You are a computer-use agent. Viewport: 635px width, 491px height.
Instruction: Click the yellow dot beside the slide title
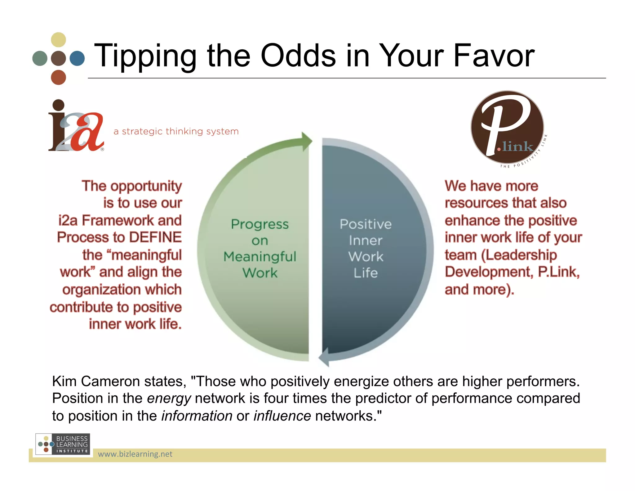click(58, 40)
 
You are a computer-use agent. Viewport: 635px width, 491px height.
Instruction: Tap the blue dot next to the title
click(77, 58)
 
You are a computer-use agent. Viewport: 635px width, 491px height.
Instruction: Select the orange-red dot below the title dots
click(58, 77)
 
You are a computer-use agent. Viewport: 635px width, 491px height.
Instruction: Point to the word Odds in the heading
click(298, 56)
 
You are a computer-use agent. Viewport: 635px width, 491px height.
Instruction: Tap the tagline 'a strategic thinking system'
click(176, 131)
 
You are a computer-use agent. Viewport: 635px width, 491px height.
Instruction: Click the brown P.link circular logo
click(507, 127)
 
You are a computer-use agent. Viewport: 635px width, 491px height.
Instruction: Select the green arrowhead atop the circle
click(306, 142)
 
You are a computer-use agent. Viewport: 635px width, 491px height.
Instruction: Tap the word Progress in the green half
click(260, 224)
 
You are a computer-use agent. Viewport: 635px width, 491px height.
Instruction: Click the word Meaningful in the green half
click(260, 257)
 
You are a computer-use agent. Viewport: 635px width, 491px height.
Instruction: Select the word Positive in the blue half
click(366, 224)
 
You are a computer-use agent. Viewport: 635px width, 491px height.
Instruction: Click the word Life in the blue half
click(366, 273)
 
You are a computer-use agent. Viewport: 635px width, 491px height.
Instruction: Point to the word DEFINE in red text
click(155, 237)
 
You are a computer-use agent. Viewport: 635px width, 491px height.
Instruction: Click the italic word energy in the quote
click(169, 399)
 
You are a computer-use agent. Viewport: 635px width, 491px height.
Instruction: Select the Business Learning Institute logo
click(63, 444)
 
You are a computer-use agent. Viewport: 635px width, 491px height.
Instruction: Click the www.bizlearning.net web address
click(135, 454)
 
